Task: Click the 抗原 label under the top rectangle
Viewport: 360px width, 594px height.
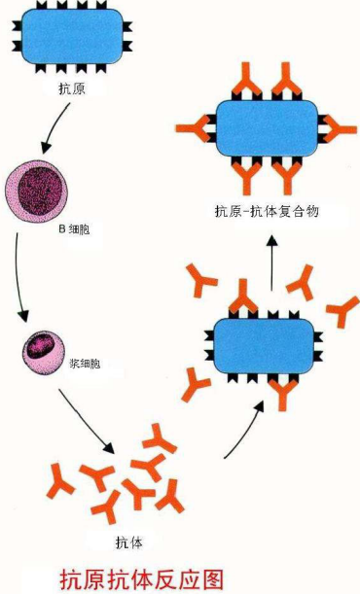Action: point(72,87)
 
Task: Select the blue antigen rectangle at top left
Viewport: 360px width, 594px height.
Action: point(84,38)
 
